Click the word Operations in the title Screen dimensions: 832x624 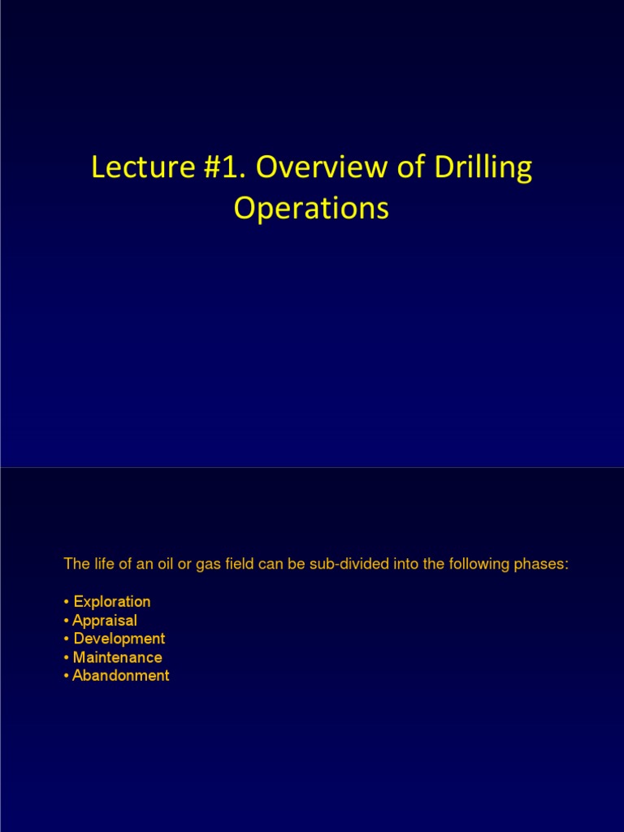click(x=311, y=209)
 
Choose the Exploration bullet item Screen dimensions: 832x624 click(x=111, y=602)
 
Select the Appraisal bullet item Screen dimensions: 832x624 click(x=105, y=621)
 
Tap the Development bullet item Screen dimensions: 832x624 click(x=119, y=639)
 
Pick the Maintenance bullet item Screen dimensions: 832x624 click(x=117, y=657)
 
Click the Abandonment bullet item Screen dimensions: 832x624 click(x=120, y=676)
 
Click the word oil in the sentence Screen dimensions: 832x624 click(x=159, y=565)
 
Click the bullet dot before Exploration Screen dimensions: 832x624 click(x=66, y=603)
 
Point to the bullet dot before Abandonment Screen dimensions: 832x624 click(x=66, y=677)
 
